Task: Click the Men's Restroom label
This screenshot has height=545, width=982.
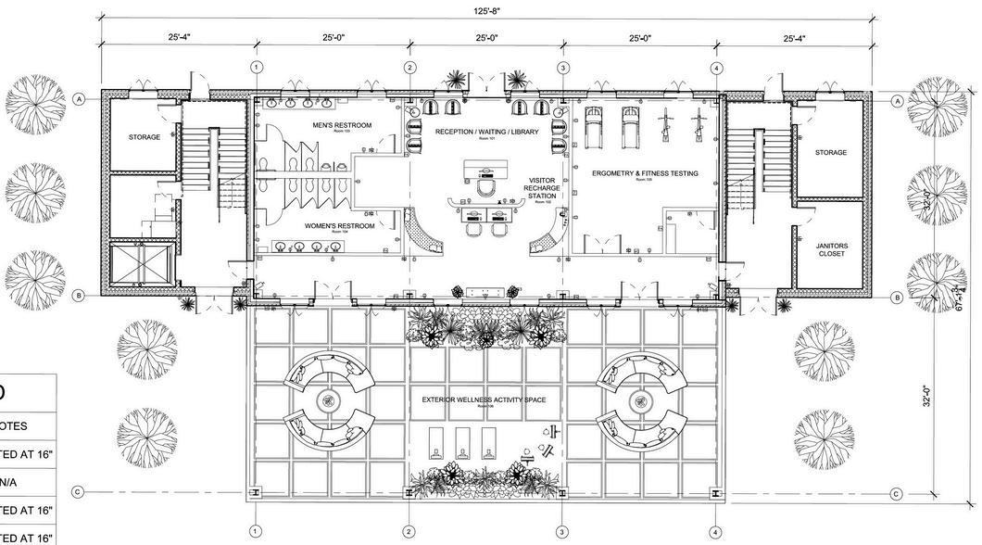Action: (x=343, y=125)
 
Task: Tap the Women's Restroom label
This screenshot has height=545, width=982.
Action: (x=340, y=226)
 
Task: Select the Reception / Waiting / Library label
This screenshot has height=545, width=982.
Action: (x=486, y=132)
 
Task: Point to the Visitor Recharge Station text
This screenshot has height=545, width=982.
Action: (x=542, y=188)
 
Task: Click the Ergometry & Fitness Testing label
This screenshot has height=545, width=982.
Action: (x=645, y=173)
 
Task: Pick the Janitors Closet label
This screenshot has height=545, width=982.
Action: (x=831, y=249)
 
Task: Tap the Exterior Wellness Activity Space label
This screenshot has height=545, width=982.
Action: (x=484, y=400)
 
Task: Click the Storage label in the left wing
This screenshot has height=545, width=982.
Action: (x=145, y=137)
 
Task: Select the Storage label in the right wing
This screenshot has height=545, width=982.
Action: (x=831, y=152)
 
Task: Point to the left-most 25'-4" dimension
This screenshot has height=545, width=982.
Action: (x=180, y=38)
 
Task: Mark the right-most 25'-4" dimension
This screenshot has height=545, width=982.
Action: (x=794, y=38)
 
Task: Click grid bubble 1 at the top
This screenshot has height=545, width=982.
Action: (x=257, y=68)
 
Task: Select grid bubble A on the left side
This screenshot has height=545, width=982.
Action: (x=80, y=98)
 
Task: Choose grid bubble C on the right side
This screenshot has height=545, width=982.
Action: (x=896, y=494)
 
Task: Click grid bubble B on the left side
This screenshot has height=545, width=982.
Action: (x=80, y=297)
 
